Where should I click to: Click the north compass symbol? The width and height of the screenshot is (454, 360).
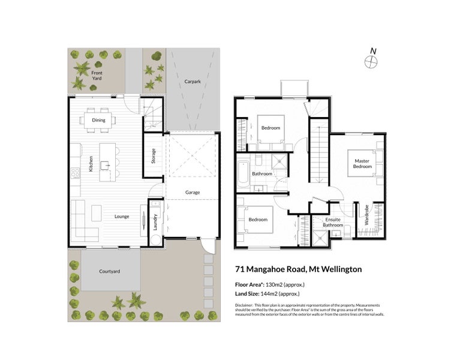pyautogui.click(x=372, y=60)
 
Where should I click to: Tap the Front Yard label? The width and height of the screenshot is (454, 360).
pyautogui.click(x=97, y=76)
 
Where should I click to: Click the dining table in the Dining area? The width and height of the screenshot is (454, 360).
pyautogui.click(x=97, y=119)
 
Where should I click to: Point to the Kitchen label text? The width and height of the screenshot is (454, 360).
pyautogui.click(x=91, y=164)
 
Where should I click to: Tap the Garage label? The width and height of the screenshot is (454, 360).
pyautogui.click(x=192, y=193)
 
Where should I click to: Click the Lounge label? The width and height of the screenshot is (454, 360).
pyautogui.click(x=122, y=216)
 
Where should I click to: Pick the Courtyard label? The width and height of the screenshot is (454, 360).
pyautogui.click(x=109, y=271)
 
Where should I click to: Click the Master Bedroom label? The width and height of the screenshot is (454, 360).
pyautogui.click(x=362, y=163)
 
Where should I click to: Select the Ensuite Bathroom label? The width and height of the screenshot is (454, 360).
pyautogui.click(x=333, y=222)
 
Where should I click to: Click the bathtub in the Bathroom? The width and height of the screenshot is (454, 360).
pyautogui.click(x=242, y=173)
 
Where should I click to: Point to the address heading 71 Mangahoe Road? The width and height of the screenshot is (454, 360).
pyautogui.click(x=299, y=269)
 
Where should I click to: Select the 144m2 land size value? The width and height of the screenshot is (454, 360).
pyautogui.click(x=270, y=294)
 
